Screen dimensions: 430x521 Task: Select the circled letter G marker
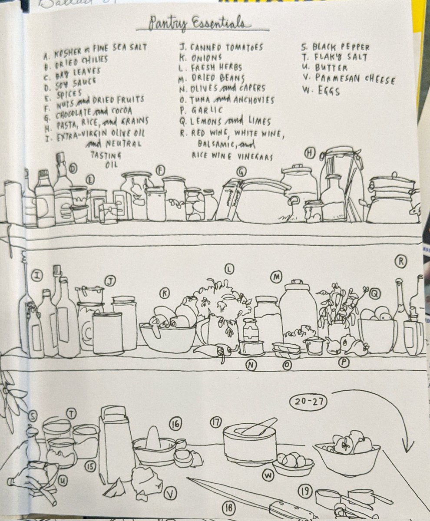coord(241,171)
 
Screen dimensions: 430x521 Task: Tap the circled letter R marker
coord(401,262)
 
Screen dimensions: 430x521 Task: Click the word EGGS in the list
coord(329,91)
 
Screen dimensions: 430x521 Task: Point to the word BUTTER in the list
coord(331,68)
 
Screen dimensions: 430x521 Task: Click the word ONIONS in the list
coord(206,58)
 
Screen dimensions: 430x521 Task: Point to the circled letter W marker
coord(268,475)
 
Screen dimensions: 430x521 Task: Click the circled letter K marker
coord(164,293)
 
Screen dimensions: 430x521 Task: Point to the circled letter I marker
coord(37,276)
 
